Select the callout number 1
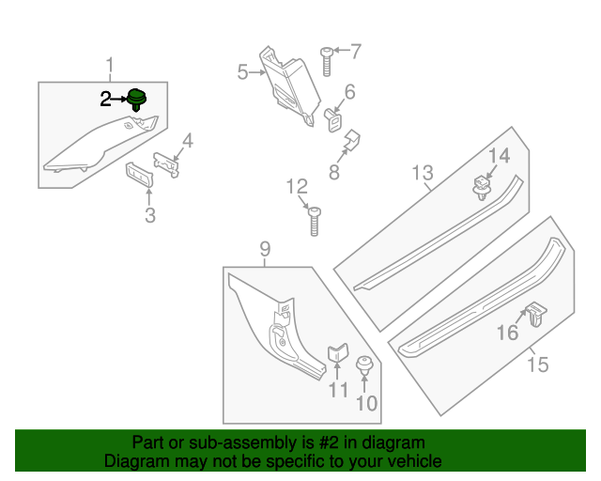tap(110, 65)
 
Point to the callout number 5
tap(242, 72)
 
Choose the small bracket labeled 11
tap(337, 356)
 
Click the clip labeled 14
tap(481, 185)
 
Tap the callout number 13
tap(422, 173)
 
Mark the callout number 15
tap(536, 364)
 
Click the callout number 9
tap(265, 249)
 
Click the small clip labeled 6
tap(331, 120)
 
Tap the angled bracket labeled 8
tap(352, 142)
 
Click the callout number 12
tap(297, 185)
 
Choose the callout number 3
tap(149, 217)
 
